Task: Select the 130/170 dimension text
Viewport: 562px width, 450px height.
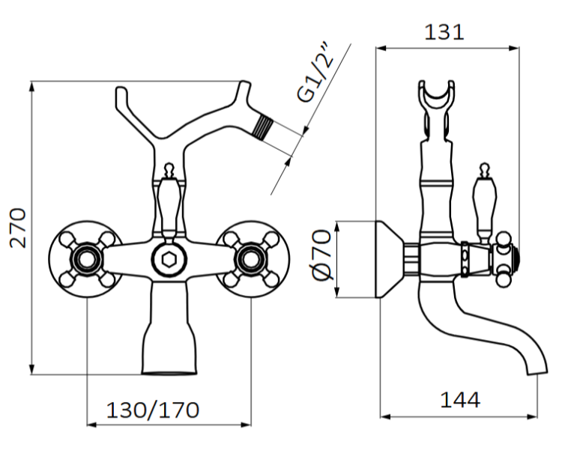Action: point(153,410)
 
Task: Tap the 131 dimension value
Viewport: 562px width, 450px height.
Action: point(444,32)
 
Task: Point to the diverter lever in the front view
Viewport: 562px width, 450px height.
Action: point(169,198)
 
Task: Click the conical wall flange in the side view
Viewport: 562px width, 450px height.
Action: point(390,259)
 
